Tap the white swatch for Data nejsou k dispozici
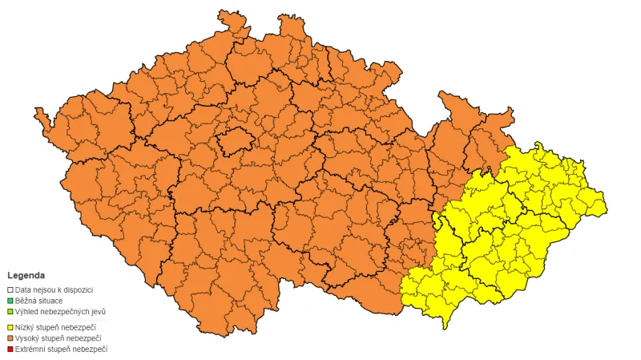tap(10, 289)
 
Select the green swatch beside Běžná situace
tap(10, 300)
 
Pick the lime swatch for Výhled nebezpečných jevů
tap(10, 311)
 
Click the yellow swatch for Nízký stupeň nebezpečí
tap(10, 327)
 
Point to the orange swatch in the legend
tap(10, 338)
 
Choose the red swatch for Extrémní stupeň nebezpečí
tap(10, 350)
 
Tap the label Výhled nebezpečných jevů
tap(60, 311)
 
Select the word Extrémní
tap(31, 350)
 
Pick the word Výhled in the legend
tap(27, 311)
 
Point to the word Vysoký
tap(28, 338)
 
